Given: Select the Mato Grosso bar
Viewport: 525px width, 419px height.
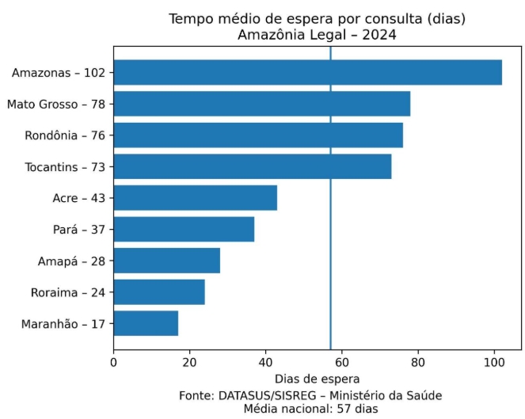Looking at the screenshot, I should coord(261,104).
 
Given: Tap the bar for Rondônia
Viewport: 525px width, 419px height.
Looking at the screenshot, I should coord(257,135).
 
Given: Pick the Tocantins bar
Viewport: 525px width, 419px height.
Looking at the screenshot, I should coord(252,166).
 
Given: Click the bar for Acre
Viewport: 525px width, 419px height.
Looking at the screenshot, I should coord(195,198).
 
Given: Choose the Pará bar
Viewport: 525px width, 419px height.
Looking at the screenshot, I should coord(184,230).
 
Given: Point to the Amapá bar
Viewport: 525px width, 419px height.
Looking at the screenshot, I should coord(166,261).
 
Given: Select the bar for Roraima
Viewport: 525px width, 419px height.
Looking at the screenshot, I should coord(159,292).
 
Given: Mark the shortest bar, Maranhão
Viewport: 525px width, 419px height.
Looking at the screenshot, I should coord(146,324).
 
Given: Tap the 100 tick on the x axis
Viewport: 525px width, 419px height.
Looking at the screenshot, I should coord(494,363).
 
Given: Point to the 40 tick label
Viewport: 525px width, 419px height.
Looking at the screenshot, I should coord(266,363).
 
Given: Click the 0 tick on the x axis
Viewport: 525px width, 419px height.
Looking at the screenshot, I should coord(114,363).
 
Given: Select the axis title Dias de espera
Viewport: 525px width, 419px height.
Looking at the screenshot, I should coord(317,379).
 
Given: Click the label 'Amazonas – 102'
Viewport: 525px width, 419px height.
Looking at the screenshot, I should coord(59,73).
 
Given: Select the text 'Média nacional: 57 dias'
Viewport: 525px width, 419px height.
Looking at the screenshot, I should coord(310,409).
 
